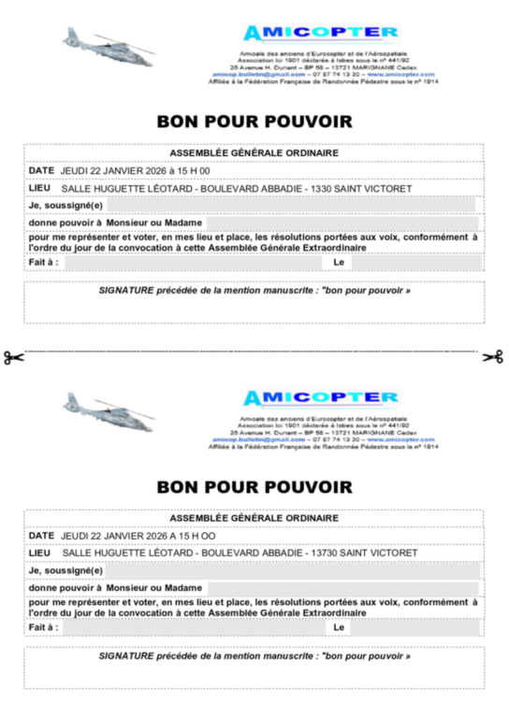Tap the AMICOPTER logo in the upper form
(x=321, y=34)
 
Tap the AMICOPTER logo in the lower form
(x=321, y=398)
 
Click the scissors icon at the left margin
(x=12, y=357)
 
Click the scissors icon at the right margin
(x=493, y=357)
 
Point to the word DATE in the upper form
(x=41, y=171)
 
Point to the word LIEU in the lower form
(x=39, y=553)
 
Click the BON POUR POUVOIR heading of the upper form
(x=254, y=122)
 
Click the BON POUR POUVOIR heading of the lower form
(x=254, y=486)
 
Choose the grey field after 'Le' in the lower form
(x=412, y=627)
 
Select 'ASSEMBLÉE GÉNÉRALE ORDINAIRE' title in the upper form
(x=254, y=153)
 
